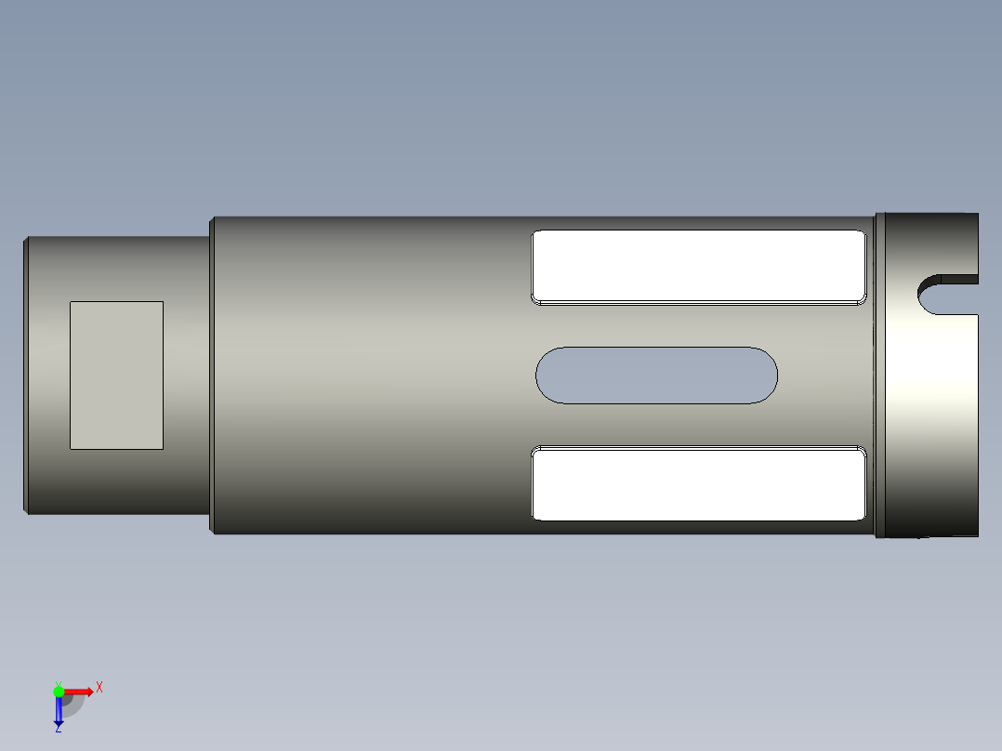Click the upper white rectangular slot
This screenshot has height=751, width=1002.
coord(698,266)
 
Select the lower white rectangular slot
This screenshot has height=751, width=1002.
coord(698,483)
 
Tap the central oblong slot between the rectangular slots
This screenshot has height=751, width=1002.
coord(656,375)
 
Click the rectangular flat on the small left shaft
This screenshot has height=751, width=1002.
coord(117,375)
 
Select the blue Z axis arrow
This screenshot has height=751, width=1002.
coord(59,711)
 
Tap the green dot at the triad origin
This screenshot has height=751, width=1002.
coord(59,692)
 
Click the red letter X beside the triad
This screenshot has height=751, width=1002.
coord(99,688)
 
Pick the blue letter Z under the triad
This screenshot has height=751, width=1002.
coord(58,730)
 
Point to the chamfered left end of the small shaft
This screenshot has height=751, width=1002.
coord(25,375)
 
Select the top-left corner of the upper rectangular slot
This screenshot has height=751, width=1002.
coord(534,233)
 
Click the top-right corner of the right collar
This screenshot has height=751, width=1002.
coord(976,215)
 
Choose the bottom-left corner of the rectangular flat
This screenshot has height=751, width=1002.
coord(72,447)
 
